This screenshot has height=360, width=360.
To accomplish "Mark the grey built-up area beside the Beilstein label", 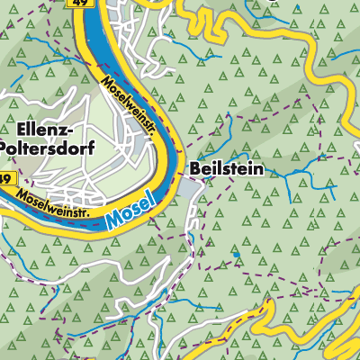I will click(x=186, y=187).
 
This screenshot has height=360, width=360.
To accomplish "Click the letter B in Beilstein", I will click(x=194, y=168).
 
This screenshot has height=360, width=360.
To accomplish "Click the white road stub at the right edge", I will click(x=355, y=147).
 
